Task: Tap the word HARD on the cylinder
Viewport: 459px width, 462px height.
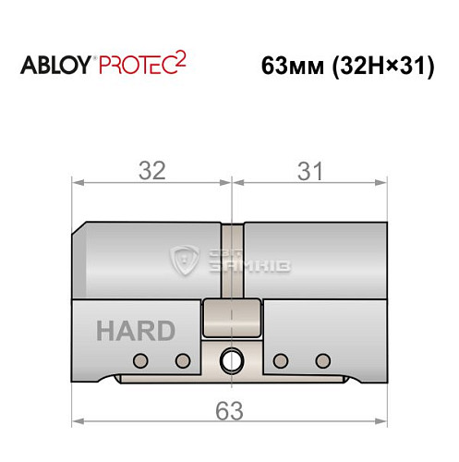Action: (134, 331)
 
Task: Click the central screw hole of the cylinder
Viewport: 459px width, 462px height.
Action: (230, 358)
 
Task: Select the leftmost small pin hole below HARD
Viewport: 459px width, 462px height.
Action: (140, 359)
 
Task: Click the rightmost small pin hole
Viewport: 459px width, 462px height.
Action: (321, 359)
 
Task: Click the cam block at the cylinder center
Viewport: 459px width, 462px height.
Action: (231, 320)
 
